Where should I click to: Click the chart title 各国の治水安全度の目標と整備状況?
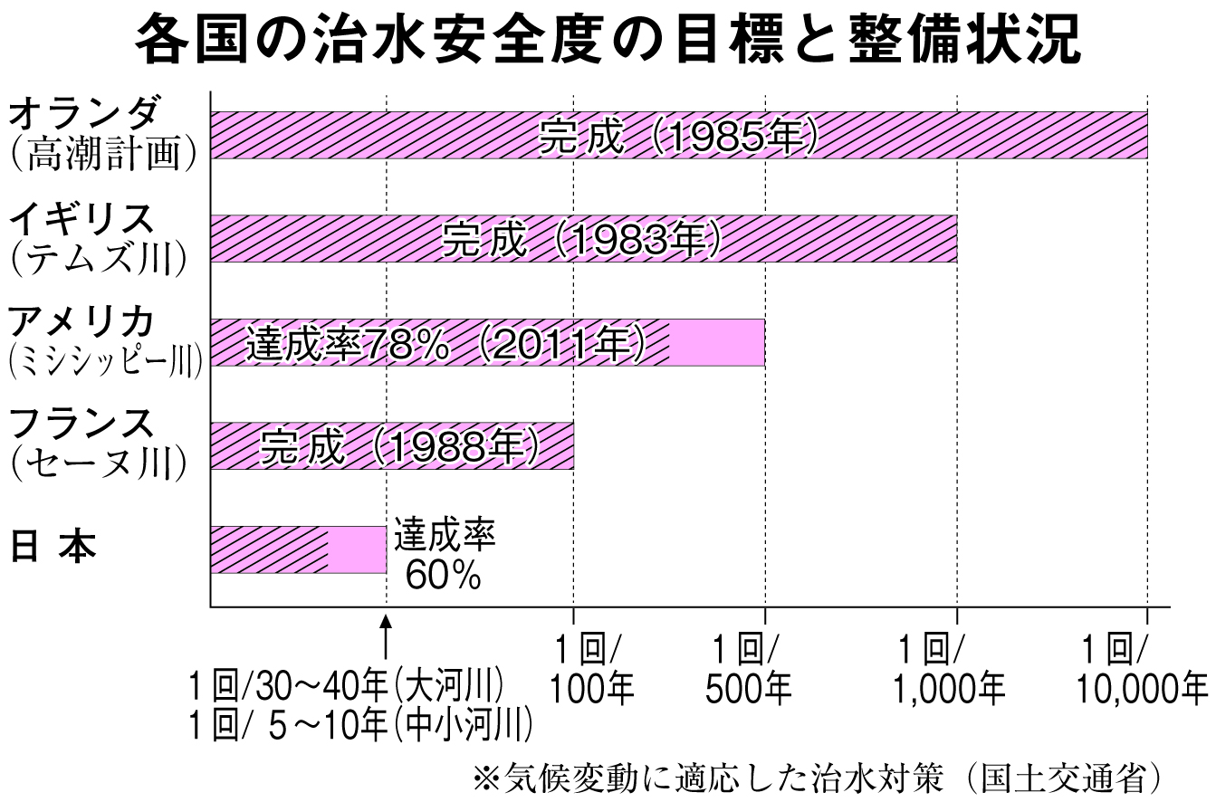point(607,42)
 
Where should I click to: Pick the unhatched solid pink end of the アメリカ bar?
point(717,342)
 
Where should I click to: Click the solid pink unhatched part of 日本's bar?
point(357,549)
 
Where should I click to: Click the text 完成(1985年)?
point(679,136)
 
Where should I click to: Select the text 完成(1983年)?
point(581,239)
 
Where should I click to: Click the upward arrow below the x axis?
point(387,637)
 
